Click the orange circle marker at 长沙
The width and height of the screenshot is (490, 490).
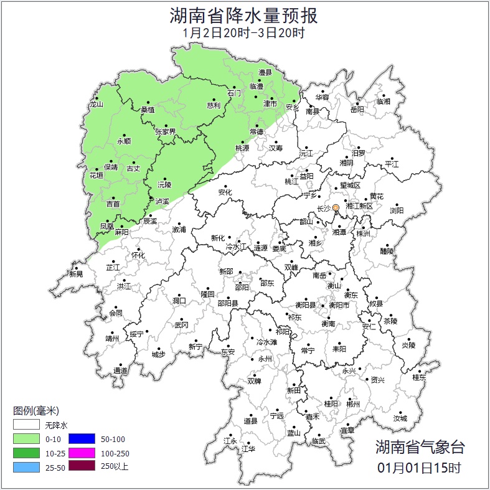pos(336,207)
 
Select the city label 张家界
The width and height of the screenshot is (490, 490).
pos(165,132)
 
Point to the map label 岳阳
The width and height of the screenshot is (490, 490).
pos(357,110)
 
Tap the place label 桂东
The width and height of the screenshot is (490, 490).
pos(420,377)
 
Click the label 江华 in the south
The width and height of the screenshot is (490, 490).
pos(248,448)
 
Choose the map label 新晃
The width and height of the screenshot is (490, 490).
pos(76,273)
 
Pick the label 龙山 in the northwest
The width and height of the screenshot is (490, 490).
pos(96,105)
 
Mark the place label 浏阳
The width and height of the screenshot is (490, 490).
pos(397,210)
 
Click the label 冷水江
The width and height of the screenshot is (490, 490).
pos(237,247)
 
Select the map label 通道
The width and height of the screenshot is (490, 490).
pos(120,371)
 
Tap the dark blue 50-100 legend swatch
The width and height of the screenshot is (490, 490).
pos(81,439)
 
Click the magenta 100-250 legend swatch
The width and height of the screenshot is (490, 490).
pos(81,453)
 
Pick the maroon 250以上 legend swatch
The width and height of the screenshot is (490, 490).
pos(81,466)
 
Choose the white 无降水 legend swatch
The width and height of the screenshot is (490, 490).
pos(26,426)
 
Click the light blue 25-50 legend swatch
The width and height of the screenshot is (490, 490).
pos(26,466)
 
